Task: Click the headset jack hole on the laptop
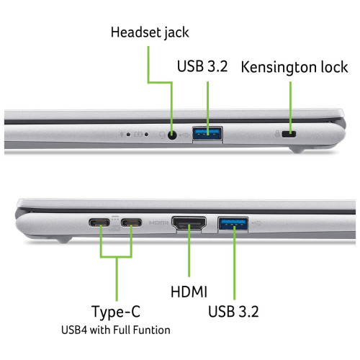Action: pyautogui.click(x=172, y=133)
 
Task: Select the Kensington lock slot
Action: pyautogui.click(x=292, y=134)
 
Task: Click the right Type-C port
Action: pyautogui.click(x=132, y=222)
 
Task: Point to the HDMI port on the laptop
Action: pyautogui.click(x=189, y=224)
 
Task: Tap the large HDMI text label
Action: pyautogui.click(x=189, y=292)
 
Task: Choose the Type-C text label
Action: pyautogui.click(x=115, y=312)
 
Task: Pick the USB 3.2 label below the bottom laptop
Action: pyautogui.click(x=233, y=312)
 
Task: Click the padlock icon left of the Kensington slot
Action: pyautogui.click(x=278, y=133)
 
